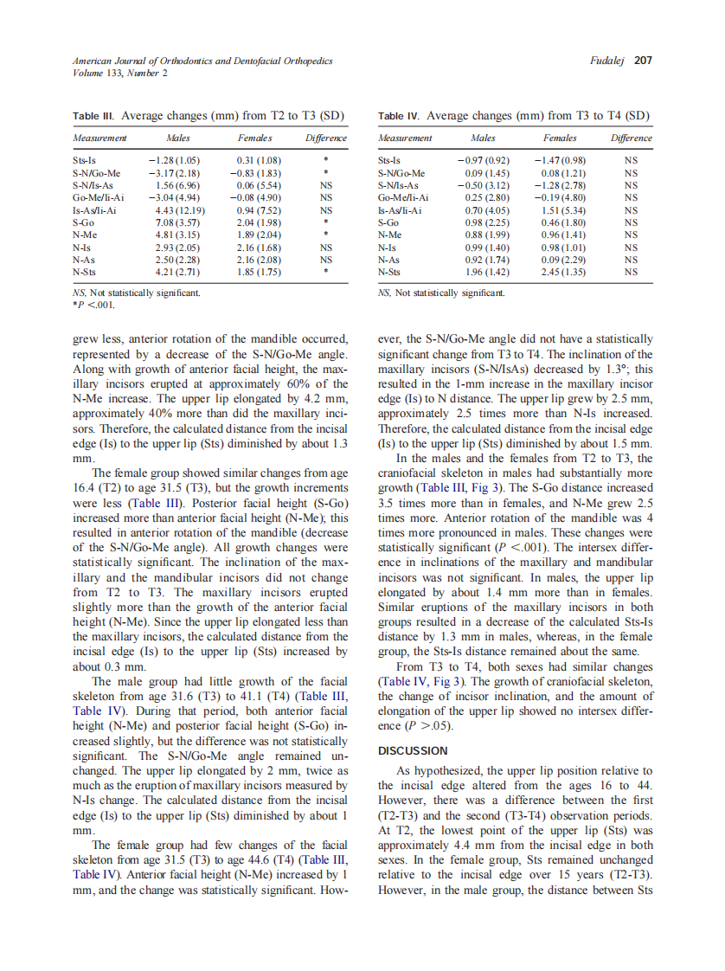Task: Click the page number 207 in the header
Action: tap(643, 61)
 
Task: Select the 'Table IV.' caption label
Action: tap(399, 116)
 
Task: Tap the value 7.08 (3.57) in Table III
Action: tap(178, 222)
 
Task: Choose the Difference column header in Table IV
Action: tap(631, 138)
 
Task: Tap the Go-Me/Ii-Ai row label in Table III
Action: tap(99, 197)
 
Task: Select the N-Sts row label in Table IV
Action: tap(391, 272)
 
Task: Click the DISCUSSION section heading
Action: tap(414, 750)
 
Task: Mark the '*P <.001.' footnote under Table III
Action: tap(94, 305)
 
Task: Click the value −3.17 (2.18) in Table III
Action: tap(176, 173)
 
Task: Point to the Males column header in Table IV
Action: tap(483, 138)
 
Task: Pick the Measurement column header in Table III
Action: tap(99, 138)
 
